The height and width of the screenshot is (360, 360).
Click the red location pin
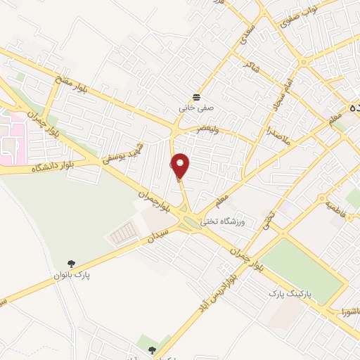tap(181, 167)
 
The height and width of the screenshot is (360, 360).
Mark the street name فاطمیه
tap(336, 209)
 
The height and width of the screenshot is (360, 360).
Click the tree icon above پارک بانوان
tap(71, 263)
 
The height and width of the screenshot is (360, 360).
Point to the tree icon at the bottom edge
tap(152, 350)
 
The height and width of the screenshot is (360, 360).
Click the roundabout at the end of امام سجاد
tap(305, 62)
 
